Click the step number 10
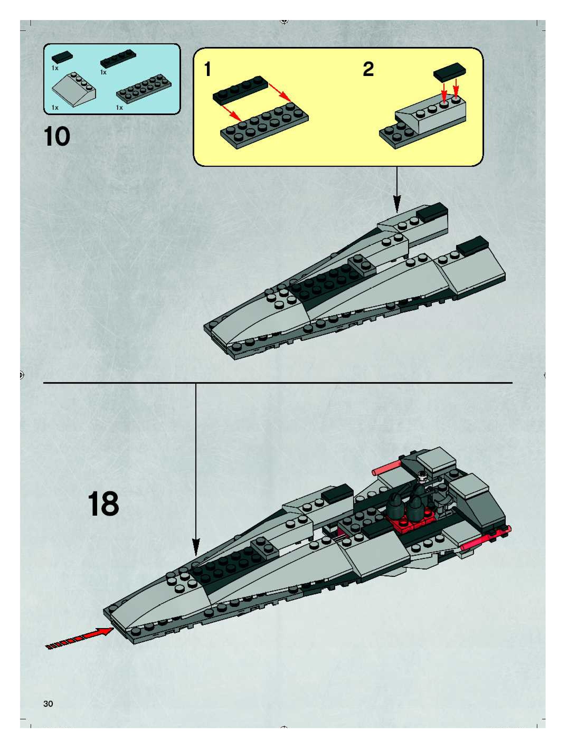pyautogui.click(x=57, y=137)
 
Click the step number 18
pyautogui.click(x=103, y=504)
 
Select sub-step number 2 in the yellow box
pyautogui.click(x=368, y=69)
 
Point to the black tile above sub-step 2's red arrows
pyautogui.click(x=450, y=72)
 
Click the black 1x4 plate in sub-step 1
pyautogui.click(x=241, y=89)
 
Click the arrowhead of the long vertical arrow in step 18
pyautogui.click(x=196, y=548)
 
